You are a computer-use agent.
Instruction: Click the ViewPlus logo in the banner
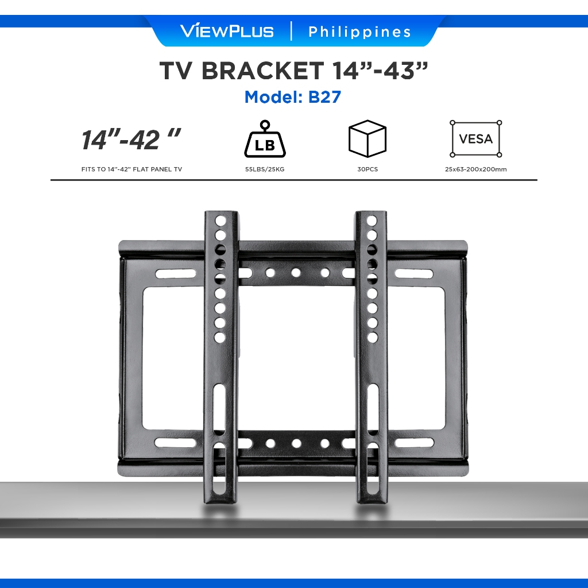tap(227, 31)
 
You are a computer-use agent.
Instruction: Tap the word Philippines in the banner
tap(359, 32)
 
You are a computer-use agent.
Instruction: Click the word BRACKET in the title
tap(262, 70)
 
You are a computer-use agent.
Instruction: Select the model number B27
tap(324, 96)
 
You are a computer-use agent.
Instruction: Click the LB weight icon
tap(265, 139)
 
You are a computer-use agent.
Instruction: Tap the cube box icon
tap(367, 138)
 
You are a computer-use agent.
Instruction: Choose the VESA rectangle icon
tap(476, 139)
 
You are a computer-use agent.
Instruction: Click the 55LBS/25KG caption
tap(265, 169)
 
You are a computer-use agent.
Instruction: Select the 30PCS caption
tap(367, 169)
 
